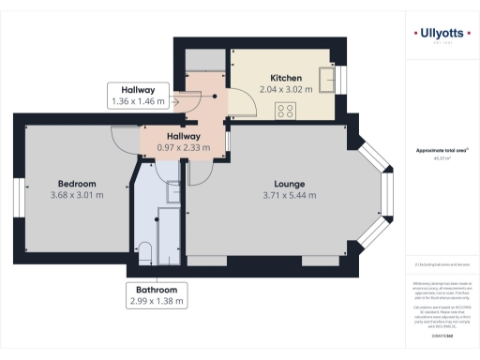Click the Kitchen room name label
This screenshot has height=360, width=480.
285,77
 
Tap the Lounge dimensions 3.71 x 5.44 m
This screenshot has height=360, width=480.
288,196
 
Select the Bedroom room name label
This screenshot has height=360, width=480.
77,182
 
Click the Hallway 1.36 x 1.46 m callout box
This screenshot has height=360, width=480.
138,95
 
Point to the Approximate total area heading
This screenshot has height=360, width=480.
441,150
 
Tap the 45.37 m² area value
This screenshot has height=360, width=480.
441,157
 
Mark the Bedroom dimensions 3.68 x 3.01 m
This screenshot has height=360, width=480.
77,195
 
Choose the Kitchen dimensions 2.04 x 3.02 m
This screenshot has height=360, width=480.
285,90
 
